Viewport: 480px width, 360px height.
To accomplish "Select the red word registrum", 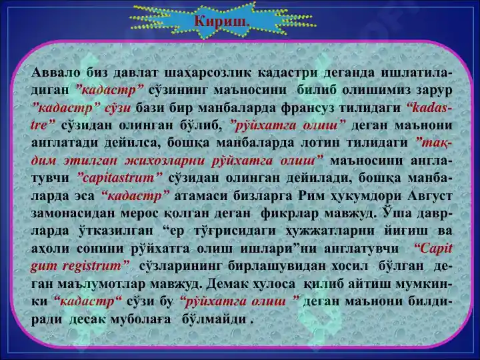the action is pos(92,266).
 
